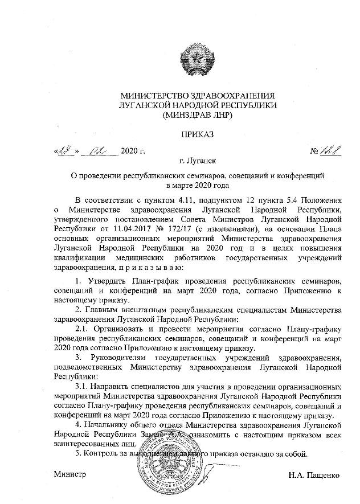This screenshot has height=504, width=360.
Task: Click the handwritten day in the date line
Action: (62, 151)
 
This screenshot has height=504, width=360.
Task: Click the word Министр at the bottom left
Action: (69, 474)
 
